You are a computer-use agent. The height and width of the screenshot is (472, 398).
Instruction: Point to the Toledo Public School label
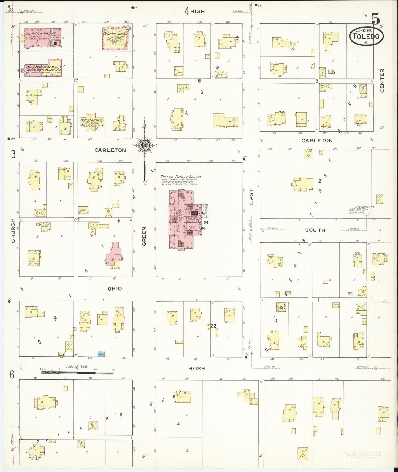coord(181,177)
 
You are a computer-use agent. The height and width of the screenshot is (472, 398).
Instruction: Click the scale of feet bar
coord(77,373)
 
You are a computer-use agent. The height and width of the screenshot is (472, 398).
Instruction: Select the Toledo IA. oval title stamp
coord(366,36)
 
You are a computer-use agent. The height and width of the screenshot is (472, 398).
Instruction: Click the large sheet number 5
coord(376,18)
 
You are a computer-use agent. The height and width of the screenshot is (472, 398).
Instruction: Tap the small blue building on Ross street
coord(101,354)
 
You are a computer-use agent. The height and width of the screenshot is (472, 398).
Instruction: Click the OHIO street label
coord(115,289)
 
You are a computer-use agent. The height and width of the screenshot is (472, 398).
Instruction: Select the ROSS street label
coord(197,368)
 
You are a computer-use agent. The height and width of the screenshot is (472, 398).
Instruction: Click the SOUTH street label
coord(315,230)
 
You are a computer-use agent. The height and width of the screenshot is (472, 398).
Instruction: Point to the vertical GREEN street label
coord(144,236)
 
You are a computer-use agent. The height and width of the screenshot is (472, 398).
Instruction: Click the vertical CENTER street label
coord(382,81)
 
